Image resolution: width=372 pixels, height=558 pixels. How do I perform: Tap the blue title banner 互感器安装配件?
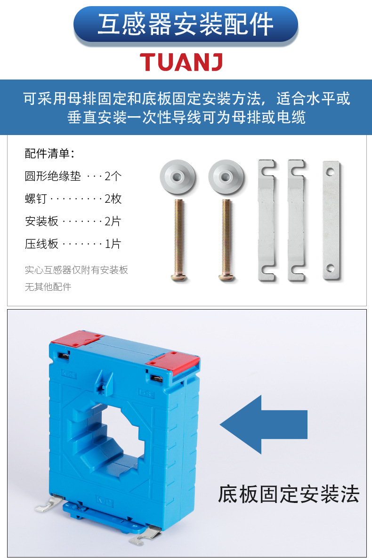(x=186, y=24)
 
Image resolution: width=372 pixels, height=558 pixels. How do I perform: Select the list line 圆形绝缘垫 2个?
(x=73, y=176)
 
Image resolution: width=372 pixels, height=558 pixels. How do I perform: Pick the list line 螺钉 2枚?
(x=73, y=199)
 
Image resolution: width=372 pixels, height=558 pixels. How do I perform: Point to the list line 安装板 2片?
(x=73, y=222)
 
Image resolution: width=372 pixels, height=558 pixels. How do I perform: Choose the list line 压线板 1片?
(x=73, y=244)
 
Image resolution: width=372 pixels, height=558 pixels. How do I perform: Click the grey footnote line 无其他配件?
(x=48, y=287)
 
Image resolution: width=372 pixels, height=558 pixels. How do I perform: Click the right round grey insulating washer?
(x=227, y=176)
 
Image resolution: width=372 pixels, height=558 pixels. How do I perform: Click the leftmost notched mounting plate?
(x=267, y=221)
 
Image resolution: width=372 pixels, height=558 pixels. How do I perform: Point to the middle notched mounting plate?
(x=297, y=221)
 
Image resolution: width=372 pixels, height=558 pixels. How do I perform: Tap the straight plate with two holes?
(x=331, y=221)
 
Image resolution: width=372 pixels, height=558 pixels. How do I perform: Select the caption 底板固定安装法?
(x=288, y=494)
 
